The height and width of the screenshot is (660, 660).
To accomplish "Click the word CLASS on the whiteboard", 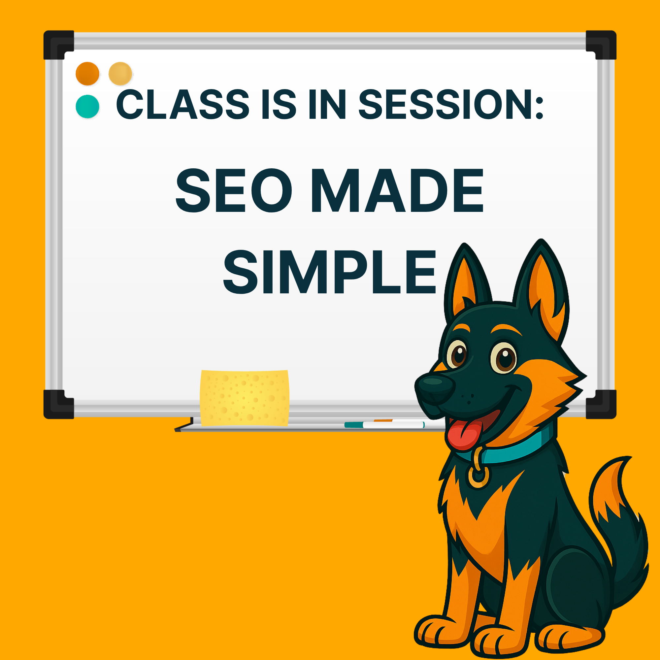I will tap(183, 104).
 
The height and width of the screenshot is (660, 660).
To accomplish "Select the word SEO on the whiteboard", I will tap(234, 190).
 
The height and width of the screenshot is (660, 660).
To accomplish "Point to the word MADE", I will tap(397, 190).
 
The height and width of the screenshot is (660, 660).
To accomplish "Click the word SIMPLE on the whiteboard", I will tap(330, 272).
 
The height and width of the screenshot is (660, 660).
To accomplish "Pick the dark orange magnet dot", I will tap(87, 74).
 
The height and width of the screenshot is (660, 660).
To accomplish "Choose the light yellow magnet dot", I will tap(120, 74).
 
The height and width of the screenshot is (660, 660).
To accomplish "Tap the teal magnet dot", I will tap(87, 106).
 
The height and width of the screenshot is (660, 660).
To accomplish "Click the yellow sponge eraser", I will tap(245, 398).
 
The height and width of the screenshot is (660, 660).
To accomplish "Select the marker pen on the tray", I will tap(384, 425).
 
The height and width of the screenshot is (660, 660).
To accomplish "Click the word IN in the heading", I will tap(327, 104).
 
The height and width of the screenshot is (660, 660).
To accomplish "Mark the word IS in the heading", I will tap(279, 104).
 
